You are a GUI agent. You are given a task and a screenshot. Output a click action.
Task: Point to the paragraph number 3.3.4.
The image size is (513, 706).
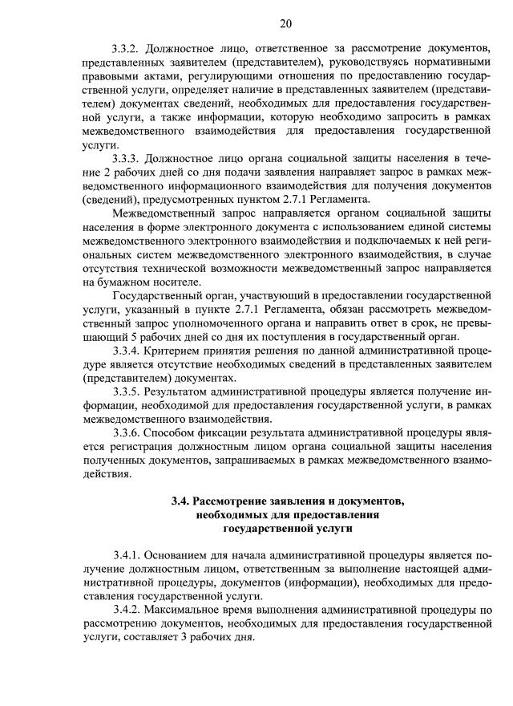pyautogui.click(x=129, y=350)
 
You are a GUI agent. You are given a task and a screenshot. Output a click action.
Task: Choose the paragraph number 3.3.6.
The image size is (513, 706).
pyautogui.click(x=129, y=432)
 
